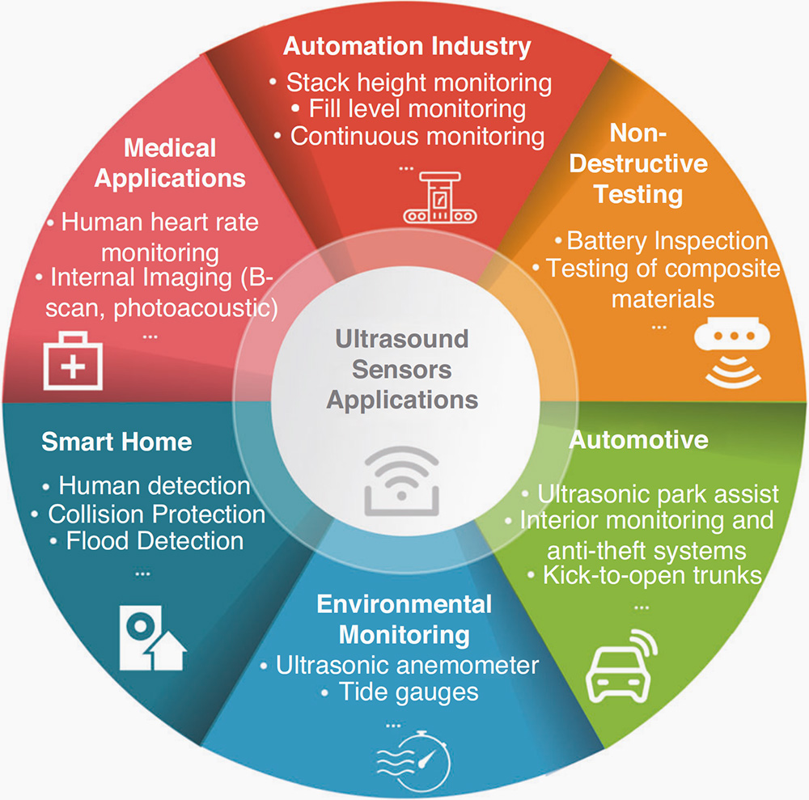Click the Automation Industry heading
click(x=407, y=47)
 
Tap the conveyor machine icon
click(x=439, y=198)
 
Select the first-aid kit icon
click(x=73, y=361)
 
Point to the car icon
click(x=621, y=666)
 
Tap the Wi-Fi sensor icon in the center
click(x=401, y=480)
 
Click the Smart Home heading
click(x=116, y=442)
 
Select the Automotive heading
click(x=639, y=440)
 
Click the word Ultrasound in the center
click(x=402, y=339)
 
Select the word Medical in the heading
click(x=170, y=148)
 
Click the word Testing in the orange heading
click(x=638, y=195)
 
